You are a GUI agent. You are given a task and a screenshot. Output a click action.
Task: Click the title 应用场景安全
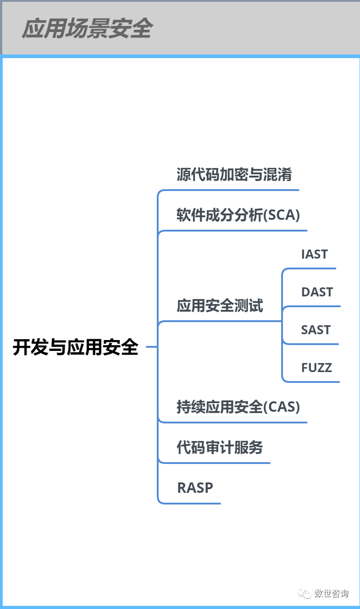87,29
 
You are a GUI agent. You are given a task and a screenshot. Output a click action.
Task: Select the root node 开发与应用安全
75,347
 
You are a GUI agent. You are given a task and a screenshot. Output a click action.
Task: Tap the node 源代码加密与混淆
234,175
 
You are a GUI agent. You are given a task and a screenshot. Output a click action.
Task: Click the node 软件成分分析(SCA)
238,215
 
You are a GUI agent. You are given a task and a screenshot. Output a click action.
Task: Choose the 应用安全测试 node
219,306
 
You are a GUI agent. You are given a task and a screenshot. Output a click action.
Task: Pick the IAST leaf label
314,254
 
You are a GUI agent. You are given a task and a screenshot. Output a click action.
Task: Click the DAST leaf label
317,292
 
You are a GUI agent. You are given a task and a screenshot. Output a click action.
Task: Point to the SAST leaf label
315,330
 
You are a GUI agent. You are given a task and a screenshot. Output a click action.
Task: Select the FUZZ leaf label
316,368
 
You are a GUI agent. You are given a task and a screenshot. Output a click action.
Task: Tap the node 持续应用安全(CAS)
238,407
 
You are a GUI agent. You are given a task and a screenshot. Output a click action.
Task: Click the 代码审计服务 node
219,448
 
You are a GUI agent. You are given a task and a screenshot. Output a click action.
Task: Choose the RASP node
195,487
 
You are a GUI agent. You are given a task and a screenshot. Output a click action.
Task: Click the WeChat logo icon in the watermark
306,593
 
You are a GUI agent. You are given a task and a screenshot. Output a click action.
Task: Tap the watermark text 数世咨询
331,593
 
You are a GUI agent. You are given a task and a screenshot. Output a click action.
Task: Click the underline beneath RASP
194,503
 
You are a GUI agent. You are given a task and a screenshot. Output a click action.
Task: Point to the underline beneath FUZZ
315,382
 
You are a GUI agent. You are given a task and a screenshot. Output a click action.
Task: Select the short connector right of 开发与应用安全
151,347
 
